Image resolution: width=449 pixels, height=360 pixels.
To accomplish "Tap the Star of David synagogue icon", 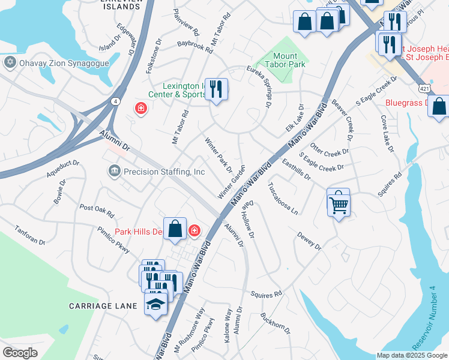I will (x=10, y=62).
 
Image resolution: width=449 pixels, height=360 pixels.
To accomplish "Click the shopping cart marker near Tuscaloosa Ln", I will (x=339, y=202).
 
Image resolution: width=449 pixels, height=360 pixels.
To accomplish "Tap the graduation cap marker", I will (x=155, y=303).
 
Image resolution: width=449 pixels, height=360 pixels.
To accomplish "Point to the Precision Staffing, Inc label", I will (x=164, y=172).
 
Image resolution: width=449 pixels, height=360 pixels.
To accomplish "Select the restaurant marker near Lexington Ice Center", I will (x=216, y=89).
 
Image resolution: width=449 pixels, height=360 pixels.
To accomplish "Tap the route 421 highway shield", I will (x=424, y=88).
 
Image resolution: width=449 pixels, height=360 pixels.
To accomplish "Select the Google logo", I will (x=20, y=352).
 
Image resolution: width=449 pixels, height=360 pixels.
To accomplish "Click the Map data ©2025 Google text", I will (x=411, y=355).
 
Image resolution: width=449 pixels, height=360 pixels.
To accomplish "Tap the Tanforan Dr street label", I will (x=30, y=234).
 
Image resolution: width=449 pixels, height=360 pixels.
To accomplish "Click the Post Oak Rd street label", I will (x=97, y=210).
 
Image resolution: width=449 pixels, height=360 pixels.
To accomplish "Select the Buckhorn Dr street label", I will (x=275, y=323).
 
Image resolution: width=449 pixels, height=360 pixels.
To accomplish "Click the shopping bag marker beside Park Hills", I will (x=175, y=229).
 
